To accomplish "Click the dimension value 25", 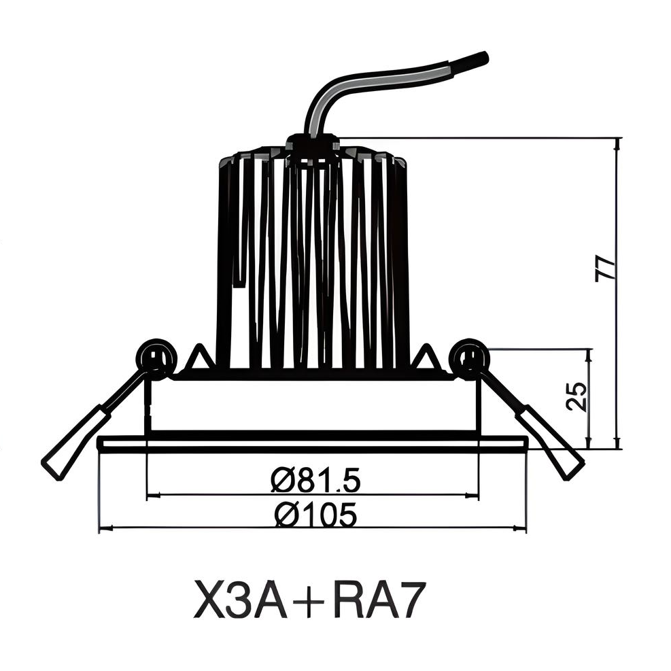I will [x=576, y=396].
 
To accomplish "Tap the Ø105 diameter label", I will [x=315, y=515].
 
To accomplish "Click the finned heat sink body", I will [x=313, y=265].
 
